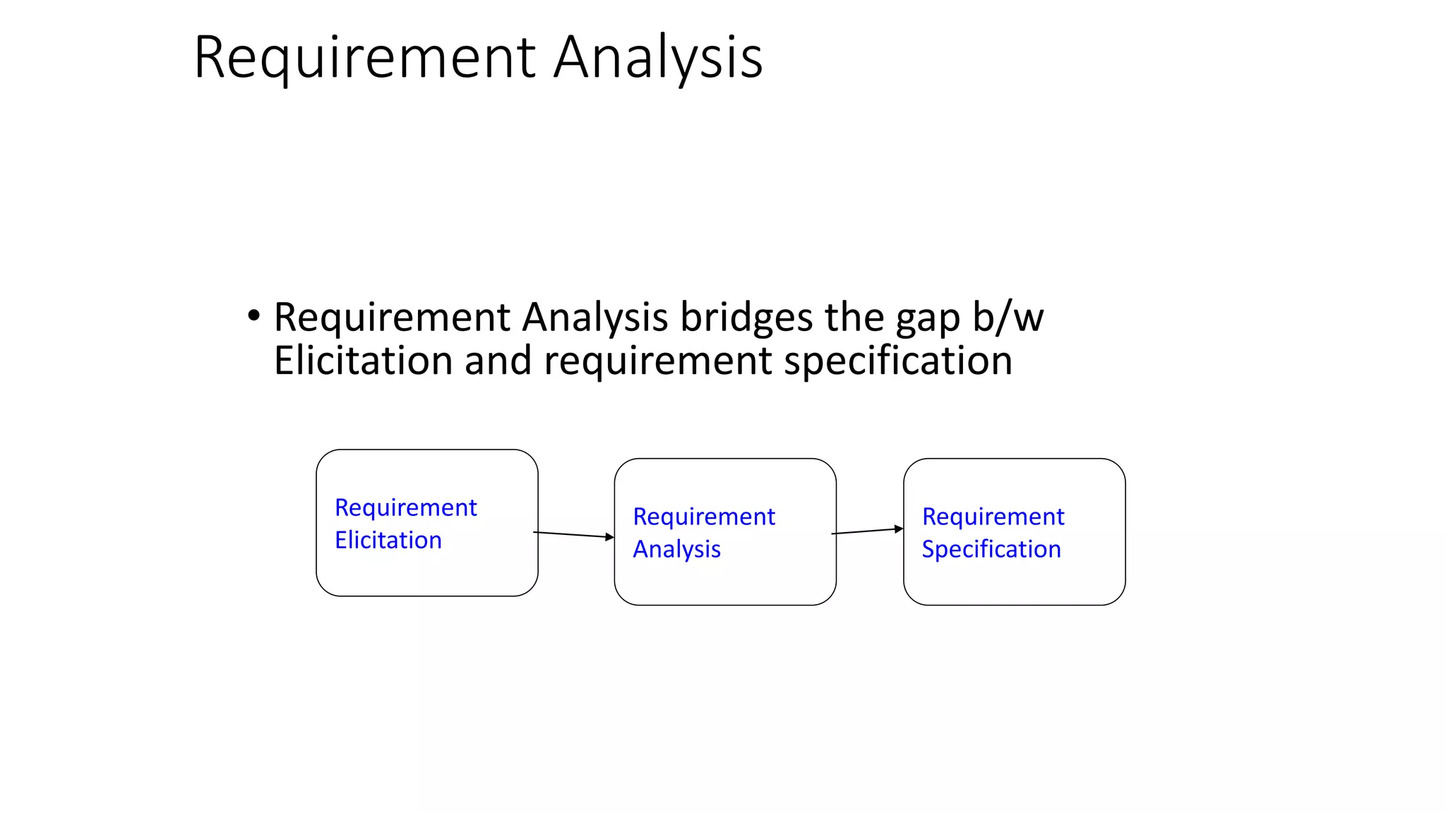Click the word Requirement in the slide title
pos(364,58)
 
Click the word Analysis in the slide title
pos(657,58)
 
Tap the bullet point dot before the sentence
pos(253,315)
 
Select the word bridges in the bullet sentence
pos(746,318)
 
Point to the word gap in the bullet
pos(928,319)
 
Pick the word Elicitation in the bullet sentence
pos(363,361)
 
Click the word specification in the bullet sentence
pos(898,362)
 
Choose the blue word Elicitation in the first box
pos(388,540)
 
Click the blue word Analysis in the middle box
pos(676,549)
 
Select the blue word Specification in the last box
pos(991,549)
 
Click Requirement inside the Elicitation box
pos(406,508)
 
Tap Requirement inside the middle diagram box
pos(704,517)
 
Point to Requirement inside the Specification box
pos(993,517)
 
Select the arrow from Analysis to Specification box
pos(867,531)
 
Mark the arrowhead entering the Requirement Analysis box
pos(610,537)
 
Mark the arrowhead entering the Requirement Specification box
pos(899,529)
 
